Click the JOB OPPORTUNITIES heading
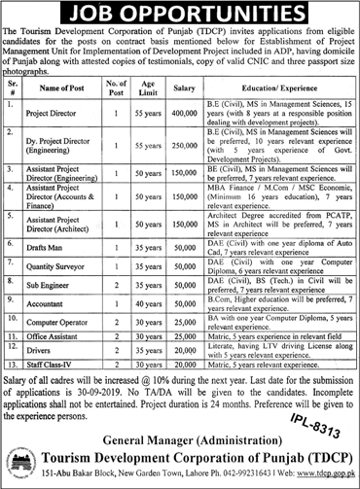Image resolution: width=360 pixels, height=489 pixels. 180,14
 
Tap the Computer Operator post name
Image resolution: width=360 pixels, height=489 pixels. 75,316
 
